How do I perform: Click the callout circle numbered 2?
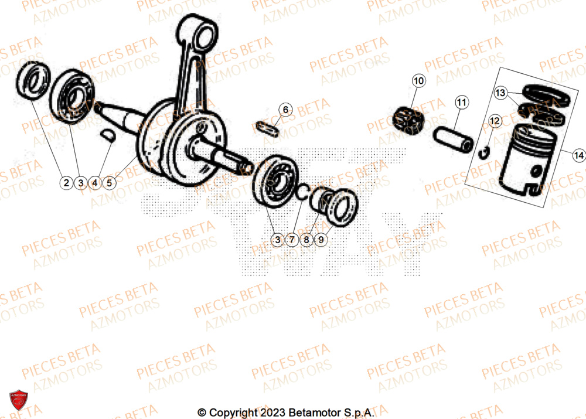(x=67, y=183)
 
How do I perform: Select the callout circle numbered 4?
(x=95, y=183)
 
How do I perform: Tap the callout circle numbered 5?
(x=109, y=183)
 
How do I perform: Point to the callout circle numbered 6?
(x=285, y=109)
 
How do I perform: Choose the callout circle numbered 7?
(x=292, y=239)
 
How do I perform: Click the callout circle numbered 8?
(x=306, y=239)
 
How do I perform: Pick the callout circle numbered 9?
(x=320, y=239)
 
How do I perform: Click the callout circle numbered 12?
(x=494, y=121)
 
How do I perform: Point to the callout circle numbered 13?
(x=500, y=93)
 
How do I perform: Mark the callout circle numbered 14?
(x=579, y=155)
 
